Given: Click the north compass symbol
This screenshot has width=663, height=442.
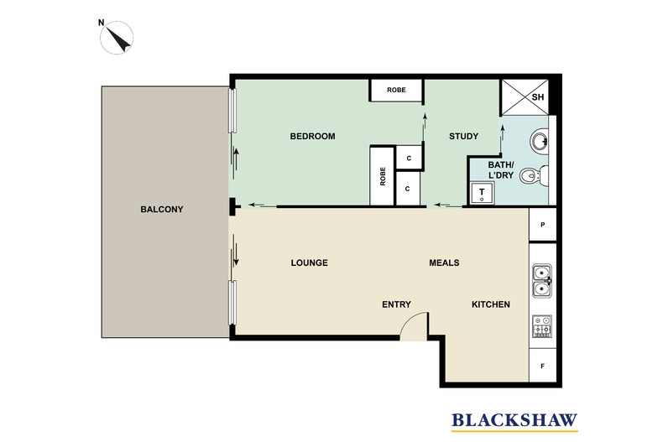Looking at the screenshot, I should [117, 38].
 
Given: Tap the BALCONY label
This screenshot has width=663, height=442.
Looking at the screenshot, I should [162, 210].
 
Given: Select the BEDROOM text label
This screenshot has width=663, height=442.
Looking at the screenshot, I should [312, 137].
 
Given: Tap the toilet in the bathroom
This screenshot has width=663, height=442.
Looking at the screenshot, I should [531, 177].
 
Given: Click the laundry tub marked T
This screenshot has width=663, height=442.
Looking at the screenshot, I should [483, 193].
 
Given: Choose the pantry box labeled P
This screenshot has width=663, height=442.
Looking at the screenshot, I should [543, 225].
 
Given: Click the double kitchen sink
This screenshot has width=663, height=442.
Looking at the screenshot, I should [542, 281].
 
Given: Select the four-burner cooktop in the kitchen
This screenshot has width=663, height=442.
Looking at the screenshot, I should [542, 325].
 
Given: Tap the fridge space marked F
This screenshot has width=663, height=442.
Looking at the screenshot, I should [543, 367].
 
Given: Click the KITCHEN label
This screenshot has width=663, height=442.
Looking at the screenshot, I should [490, 304].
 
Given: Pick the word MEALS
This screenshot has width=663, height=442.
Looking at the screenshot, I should [444, 263].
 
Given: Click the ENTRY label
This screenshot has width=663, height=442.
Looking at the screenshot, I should [395, 304].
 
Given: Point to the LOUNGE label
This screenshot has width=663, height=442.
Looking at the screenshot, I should [309, 263].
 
